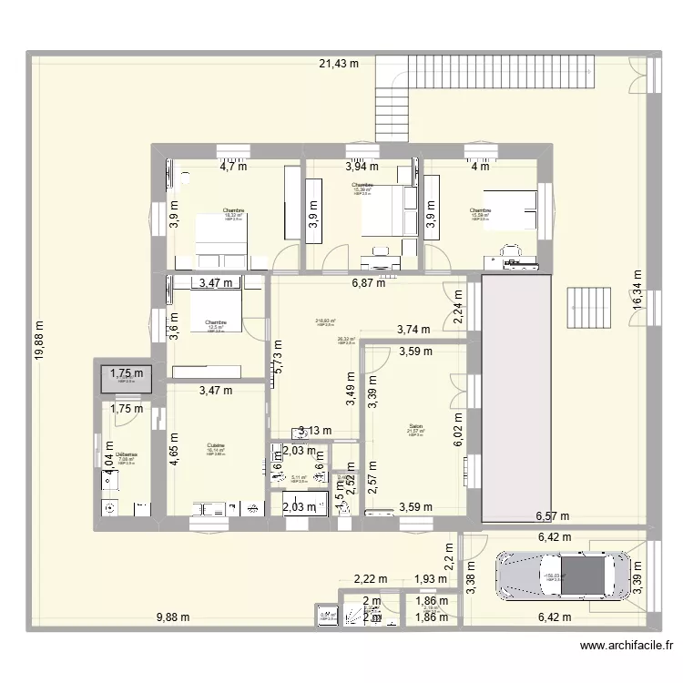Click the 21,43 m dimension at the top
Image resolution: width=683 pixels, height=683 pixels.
339,63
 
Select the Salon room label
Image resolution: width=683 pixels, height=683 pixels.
415,426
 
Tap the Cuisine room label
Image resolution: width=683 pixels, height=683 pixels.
215,445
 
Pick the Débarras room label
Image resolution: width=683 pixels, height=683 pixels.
127,454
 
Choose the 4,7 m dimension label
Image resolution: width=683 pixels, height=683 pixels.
234,166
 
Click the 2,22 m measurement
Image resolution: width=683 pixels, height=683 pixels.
371,579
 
